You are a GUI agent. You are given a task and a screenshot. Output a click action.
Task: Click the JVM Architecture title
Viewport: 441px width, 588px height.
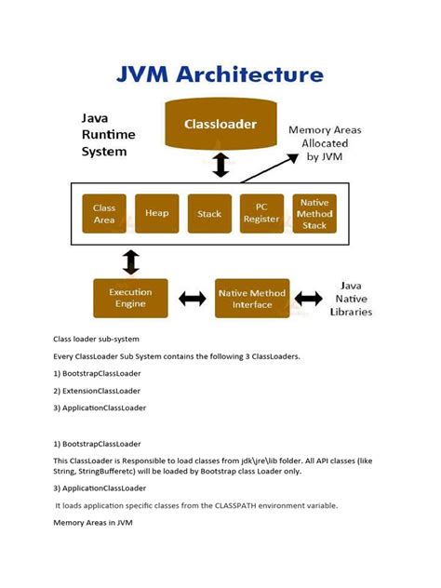[220, 74]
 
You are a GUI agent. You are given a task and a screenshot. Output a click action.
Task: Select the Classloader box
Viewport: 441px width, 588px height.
[220, 124]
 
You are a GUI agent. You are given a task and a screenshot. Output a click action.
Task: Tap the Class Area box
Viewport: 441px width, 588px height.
[104, 214]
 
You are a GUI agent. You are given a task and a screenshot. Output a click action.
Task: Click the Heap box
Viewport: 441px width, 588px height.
[156, 214]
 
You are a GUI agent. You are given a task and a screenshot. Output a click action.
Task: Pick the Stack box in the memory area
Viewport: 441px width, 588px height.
[209, 214]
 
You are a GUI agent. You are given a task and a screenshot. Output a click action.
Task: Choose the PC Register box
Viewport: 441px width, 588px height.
[261, 214]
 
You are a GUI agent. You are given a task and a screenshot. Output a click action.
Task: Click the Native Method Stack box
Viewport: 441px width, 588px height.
[314, 214]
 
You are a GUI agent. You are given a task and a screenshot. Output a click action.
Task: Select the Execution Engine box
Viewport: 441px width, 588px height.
[129, 298]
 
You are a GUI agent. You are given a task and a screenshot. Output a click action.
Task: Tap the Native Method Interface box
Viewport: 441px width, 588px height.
[252, 298]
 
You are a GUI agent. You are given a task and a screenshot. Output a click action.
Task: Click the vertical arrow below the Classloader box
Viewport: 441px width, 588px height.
[220, 165]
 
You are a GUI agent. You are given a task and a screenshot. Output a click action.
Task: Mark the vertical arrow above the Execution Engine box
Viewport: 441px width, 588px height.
[130, 261]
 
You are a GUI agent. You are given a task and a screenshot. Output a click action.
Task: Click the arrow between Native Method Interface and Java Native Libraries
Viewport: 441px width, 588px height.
[308, 299]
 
